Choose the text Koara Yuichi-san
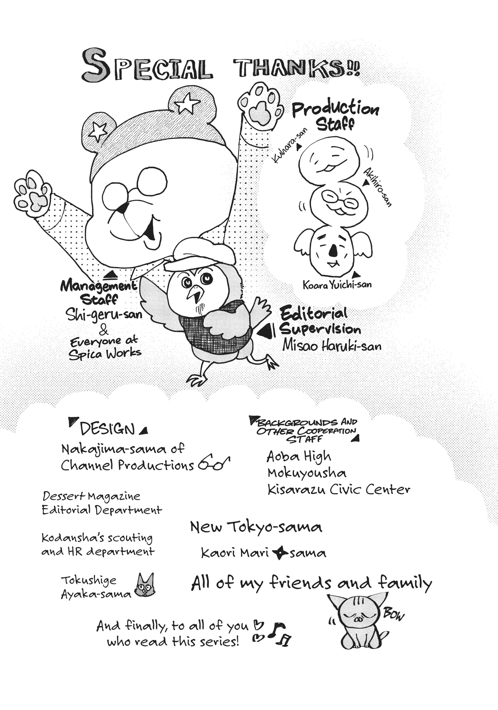(x=337, y=285)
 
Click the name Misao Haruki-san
(x=332, y=346)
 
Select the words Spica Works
(x=105, y=353)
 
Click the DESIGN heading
(x=107, y=429)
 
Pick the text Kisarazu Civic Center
(x=339, y=490)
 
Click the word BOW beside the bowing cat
(x=393, y=614)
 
